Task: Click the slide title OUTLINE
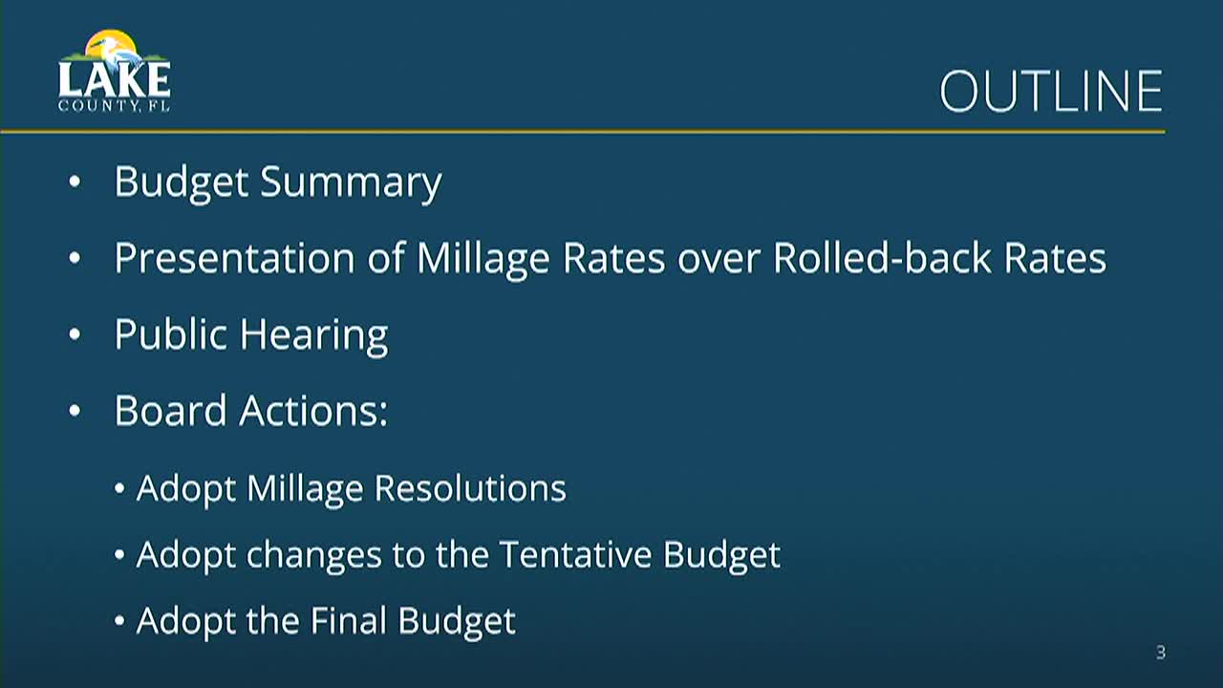(x=1050, y=92)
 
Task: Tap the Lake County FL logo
(x=114, y=73)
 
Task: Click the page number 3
(x=1161, y=654)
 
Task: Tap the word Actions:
(x=313, y=411)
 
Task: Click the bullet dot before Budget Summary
(x=75, y=183)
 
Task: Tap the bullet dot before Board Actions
(x=75, y=411)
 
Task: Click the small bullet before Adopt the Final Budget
(x=119, y=622)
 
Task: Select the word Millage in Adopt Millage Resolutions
(x=305, y=489)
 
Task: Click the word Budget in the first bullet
(x=182, y=183)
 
